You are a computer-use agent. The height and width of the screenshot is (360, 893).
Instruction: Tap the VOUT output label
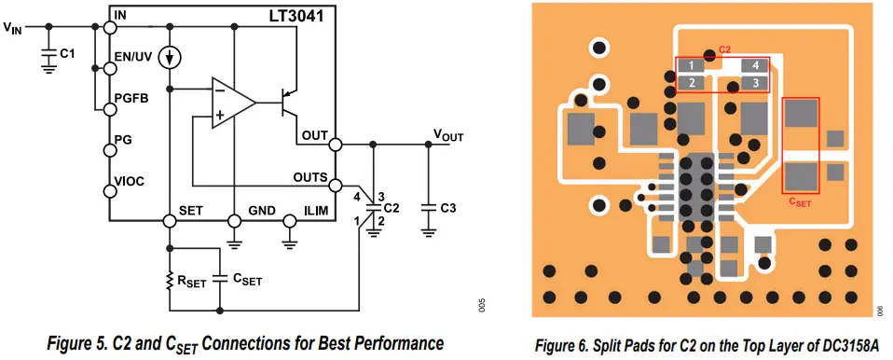point(447,135)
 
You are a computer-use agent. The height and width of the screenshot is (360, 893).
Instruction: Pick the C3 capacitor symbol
point(429,207)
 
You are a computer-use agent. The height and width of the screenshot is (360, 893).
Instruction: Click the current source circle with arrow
point(170,58)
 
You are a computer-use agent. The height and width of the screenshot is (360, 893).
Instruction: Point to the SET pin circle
point(170,221)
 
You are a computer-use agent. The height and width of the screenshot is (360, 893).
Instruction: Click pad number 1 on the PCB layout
point(690,65)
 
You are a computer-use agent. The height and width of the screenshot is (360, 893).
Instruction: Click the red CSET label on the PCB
point(799,201)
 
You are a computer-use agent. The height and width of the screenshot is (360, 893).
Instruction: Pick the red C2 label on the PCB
point(724,48)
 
